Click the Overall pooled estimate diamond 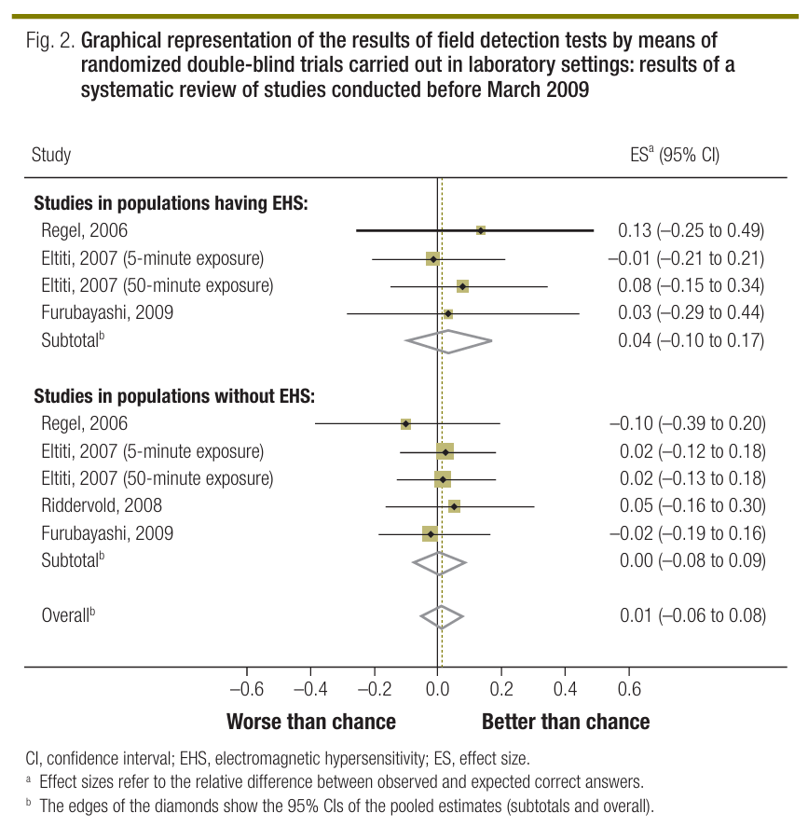click(x=442, y=616)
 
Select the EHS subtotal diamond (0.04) click(x=448, y=340)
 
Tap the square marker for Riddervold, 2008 click(x=454, y=506)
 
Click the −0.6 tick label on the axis click(x=246, y=690)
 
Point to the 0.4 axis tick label click(x=566, y=690)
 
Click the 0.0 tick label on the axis click(x=438, y=690)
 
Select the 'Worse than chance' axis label click(x=311, y=722)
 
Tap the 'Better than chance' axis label click(x=566, y=722)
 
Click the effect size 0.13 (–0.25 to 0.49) click(x=692, y=230)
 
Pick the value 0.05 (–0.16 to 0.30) click(x=692, y=506)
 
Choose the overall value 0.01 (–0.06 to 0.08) click(x=692, y=616)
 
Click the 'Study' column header click(x=51, y=155)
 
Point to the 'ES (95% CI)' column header click(x=675, y=155)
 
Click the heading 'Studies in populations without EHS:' click(x=174, y=396)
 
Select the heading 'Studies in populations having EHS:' click(x=171, y=202)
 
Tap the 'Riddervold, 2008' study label click(x=102, y=506)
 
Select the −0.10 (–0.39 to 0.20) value click(x=688, y=424)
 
